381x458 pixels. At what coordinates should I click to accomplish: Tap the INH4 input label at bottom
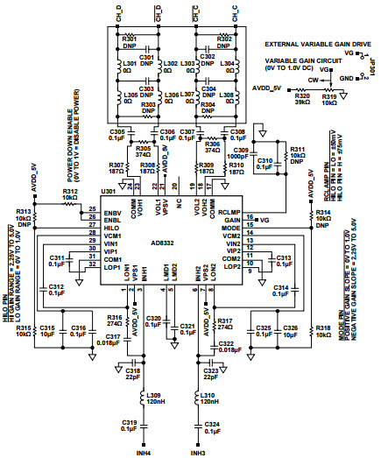point(143,451)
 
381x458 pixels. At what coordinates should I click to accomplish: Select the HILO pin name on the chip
point(111,227)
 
